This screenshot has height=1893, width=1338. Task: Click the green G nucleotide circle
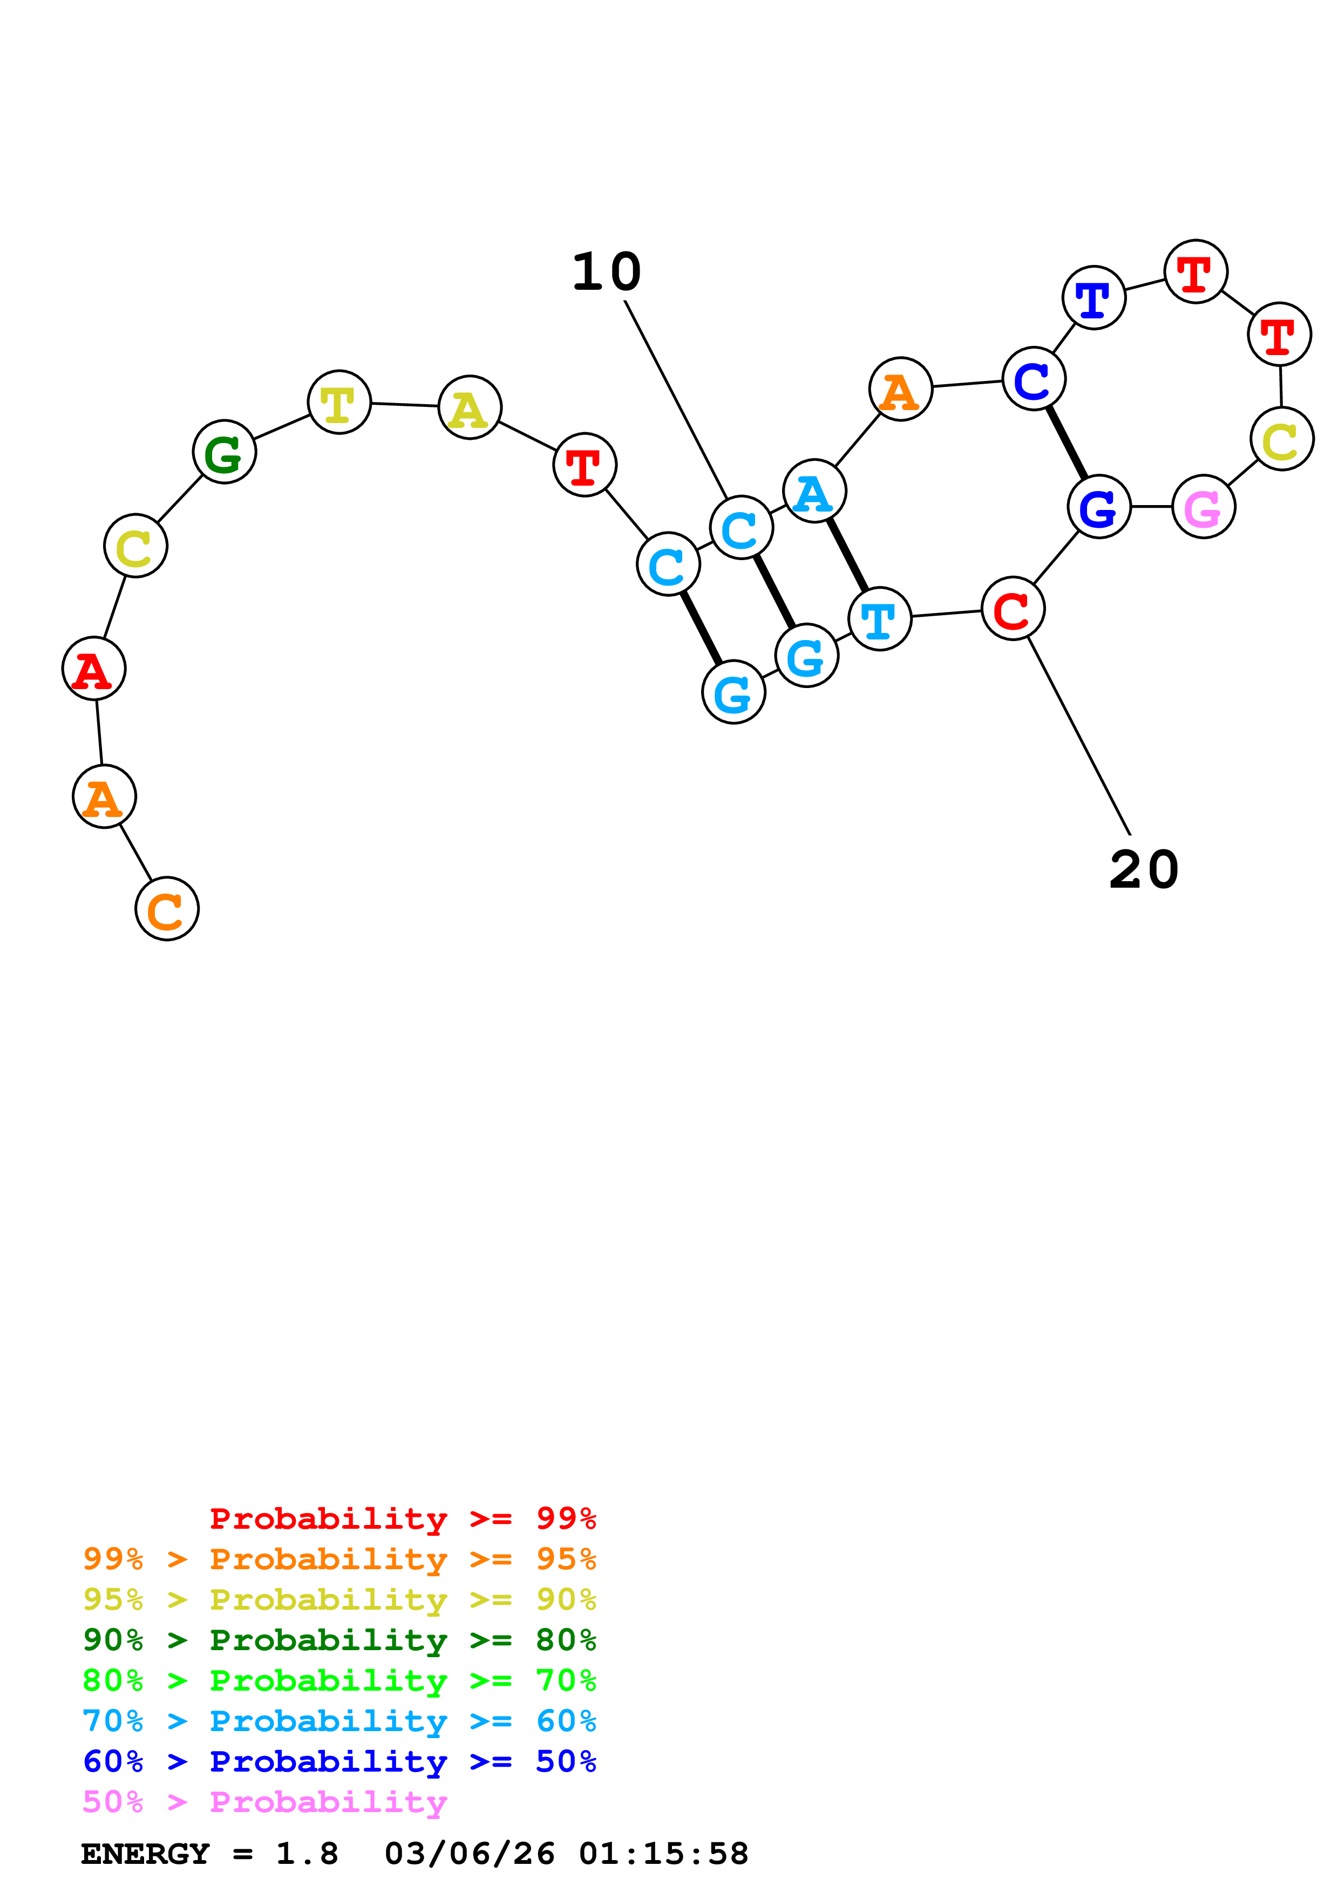point(224,452)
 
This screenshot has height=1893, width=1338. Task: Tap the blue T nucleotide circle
point(1093,298)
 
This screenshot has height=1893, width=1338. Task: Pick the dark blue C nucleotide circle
point(1033,379)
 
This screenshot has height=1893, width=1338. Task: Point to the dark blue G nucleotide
point(1098,506)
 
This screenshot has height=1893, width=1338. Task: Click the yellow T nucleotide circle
point(339,403)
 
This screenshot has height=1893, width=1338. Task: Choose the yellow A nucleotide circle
point(469,407)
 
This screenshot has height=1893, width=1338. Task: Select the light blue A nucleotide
point(814,492)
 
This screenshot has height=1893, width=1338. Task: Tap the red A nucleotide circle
point(94,669)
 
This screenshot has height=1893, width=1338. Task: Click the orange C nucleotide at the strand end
point(167,909)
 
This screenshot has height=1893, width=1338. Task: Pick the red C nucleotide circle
point(1013,609)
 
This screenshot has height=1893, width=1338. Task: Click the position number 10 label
point(606,272)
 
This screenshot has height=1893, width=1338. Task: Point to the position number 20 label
point(1144,870)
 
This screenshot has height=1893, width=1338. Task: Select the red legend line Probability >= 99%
point(402,1519)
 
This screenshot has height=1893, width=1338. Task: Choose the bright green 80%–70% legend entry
point(339,1680)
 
